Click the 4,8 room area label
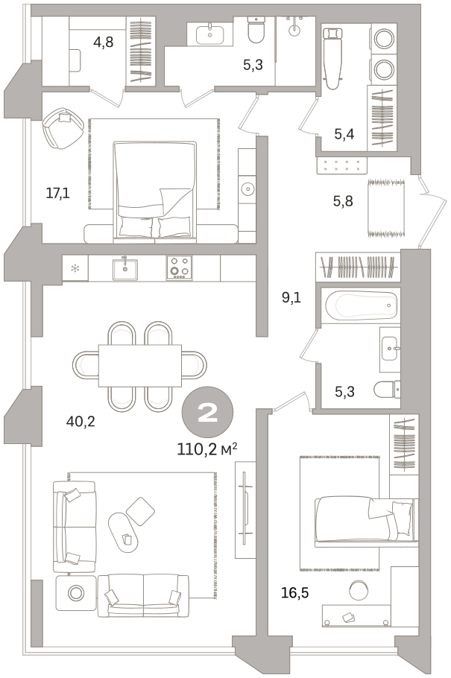tap(104, 42)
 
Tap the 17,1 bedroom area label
tap(57, 193)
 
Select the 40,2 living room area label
tap(81, 421)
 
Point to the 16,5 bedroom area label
tap(294, 593)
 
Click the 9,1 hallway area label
tap(291, 297)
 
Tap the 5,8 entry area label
tap(343, 201)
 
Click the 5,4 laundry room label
tap(344, 134)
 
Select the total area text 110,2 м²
tap(207, 449)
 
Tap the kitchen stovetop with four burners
tap(180, 267)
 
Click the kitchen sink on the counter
tap(125, 269)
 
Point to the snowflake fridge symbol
tap(75, 268)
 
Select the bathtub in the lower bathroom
tap(361, 305)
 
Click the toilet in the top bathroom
tap(256, 30)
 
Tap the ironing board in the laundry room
tap(333, 58)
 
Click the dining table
tap(140, 365)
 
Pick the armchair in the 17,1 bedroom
tap(63, 128)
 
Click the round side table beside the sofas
tap(76, 593)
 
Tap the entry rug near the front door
tap(386, 209)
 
